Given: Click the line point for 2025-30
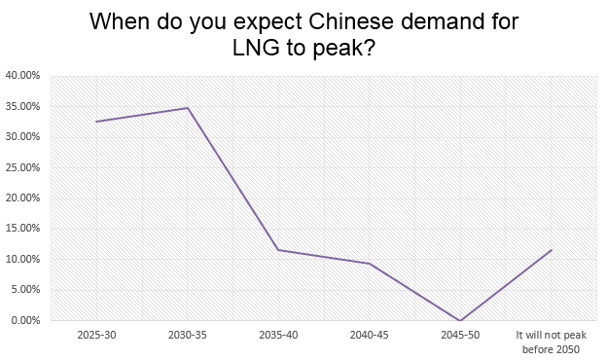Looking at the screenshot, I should pyautogui.click(x=96, y=122).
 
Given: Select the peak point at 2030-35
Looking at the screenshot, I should pyautogui.click(x=187, y=108).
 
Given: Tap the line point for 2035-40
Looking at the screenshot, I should pyautogui.click(x=278, y=250).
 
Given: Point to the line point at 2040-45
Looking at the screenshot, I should pyautogui.click(x=369, y=264).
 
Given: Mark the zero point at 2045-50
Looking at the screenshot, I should pyautogui.click(x=459, y=320).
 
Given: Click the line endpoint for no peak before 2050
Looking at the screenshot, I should pyautogui.click(x=551, y=250).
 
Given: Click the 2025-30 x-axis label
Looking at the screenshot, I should pyautogui.click(x=96, y=336).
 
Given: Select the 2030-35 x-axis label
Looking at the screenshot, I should pyautogui.click(x=187, y=336).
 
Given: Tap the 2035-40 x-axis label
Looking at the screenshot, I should pyautogui.click(x=278, y=336).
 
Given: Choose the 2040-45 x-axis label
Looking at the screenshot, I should pyautogui.click(x=369, y=336).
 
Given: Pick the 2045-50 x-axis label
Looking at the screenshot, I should pyautogui.click(x=459, y=336).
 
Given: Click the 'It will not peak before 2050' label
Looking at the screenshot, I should pyautogui.click(x=551, y=342).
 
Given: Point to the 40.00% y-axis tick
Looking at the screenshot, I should pyautogui.click(x=22, y=75).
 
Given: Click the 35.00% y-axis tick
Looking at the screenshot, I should pyautogui.click(x=22, y=106).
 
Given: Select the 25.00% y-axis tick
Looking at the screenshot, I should pyautogui.click(x=22, y=167).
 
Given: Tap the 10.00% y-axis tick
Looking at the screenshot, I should pyautogui.click(x=22, y=260).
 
